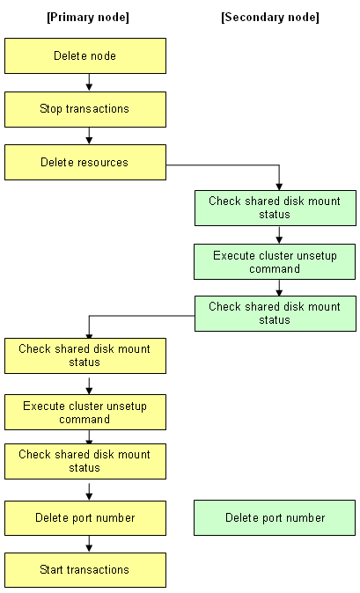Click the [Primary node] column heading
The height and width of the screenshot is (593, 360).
[x=88, y=18]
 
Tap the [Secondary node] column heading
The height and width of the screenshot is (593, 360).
[x=270, y=18]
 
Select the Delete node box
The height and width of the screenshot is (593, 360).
[x=85, y=55]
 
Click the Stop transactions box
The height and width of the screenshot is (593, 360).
[x=85, y=109]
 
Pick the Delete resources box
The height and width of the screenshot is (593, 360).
[x=85, y=162]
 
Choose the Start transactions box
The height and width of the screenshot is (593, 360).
[x=85, y=570]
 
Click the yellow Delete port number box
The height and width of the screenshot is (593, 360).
[x=85, y=517]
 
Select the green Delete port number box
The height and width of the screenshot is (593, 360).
[x=275, y=517]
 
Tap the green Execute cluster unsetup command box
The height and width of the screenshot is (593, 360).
[x=275, y=261]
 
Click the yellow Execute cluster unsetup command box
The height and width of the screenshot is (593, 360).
[x=85, y=413]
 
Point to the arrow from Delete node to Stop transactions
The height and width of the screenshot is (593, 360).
[x=89, y=82]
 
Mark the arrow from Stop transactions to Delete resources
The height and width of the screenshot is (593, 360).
[x=89, y=135]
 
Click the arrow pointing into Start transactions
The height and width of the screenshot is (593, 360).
[x=89, y=544]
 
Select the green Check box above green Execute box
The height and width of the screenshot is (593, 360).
[x=276, y=208]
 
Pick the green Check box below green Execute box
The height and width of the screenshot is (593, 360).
[x=276, y=314]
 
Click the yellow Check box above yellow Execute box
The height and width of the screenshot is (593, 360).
[x=85, y=355]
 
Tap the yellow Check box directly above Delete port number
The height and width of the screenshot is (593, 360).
[x=85, y=461]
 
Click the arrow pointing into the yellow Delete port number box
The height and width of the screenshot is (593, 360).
[x=89, y=492]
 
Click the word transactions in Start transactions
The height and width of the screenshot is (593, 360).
[x=97, y=570]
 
